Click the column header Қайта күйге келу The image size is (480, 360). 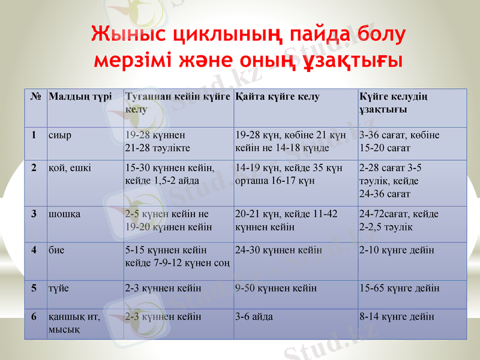tap(278, 97)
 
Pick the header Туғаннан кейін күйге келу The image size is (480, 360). tap(178, 103)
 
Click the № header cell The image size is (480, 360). tap(35, 97)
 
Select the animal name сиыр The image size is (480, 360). tap(60, 135)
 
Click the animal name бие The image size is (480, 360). tap(57, 250)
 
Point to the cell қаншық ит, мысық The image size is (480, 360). tap(74, 323)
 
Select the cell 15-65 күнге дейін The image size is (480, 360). tap(399, 288)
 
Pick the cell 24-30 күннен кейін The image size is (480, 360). tap(279, 250)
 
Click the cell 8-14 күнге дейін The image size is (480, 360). tap(397, 317)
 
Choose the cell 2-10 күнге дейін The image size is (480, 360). tap(397, 250)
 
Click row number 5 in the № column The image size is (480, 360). tap(35, 288)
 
